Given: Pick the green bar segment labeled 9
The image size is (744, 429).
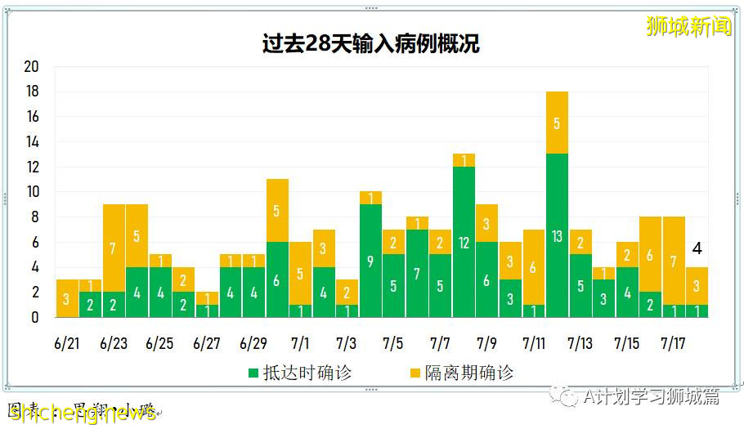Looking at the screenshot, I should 370,261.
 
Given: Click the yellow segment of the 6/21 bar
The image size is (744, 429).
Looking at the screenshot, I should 67,298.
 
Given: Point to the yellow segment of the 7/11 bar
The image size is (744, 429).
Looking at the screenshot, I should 534,267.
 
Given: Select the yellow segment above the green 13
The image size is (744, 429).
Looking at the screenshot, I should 557,123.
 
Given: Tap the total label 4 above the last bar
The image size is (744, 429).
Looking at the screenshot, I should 697,249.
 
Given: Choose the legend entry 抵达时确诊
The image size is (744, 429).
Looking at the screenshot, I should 299,373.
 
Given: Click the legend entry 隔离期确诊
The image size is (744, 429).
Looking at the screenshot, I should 461,373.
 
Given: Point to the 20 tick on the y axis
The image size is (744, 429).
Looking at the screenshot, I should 31,67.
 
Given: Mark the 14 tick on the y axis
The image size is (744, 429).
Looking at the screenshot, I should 31,142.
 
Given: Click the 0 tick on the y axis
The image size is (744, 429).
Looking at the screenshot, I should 34,317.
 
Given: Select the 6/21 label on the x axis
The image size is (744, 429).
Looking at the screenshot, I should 67,343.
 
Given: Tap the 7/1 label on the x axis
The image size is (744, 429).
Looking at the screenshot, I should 300,343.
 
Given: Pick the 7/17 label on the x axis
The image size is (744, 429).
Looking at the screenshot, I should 673,343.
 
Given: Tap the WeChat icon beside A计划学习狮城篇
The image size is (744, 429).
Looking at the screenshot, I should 563,395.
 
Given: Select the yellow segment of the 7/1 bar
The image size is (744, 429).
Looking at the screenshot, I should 300,273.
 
